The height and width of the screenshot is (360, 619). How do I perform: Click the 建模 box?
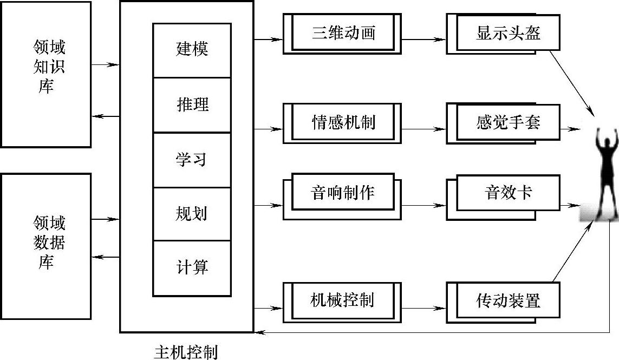[192, 50]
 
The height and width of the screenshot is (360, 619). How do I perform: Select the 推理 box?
[192, 104]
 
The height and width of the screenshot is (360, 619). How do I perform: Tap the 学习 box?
[192, 160]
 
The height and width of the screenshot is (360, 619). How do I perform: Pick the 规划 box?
[192, 214]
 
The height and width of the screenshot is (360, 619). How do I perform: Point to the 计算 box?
[192, 268]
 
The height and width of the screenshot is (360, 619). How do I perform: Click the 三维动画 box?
[344, 32]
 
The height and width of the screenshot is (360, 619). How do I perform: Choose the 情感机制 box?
[344, 122]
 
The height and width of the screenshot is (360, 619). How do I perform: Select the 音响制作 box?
[344, 193]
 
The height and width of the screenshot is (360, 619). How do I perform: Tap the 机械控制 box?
[344, 300]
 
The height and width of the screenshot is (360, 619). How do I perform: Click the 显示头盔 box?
[507, 32]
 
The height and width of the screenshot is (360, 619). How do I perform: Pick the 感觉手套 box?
[507, 122]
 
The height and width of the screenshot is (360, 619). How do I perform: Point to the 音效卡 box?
[507, 193]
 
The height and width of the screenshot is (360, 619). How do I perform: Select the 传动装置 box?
[507, 300]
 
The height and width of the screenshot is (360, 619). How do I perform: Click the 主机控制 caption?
[186, 352]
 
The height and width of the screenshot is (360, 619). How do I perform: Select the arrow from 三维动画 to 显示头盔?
[424, 40]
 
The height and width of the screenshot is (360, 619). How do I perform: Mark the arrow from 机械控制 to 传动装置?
[424, 308]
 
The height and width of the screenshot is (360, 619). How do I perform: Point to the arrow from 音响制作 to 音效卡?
[424, 205]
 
